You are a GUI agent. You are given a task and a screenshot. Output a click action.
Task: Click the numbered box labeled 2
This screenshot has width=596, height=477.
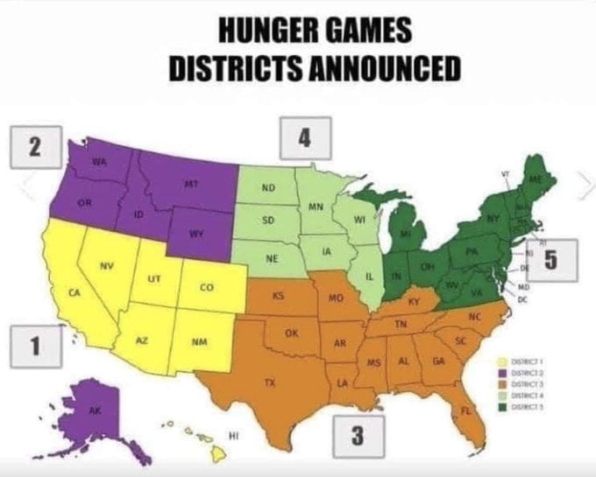pos(33,146)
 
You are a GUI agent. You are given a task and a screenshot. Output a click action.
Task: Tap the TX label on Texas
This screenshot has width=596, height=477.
pos(271,383)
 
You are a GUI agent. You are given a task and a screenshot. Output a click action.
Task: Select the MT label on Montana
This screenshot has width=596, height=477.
pos(188,185)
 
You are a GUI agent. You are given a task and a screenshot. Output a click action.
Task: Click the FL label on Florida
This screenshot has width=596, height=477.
pos(466,410)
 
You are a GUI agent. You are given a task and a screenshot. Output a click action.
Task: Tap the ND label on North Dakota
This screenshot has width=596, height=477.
pos(268,188)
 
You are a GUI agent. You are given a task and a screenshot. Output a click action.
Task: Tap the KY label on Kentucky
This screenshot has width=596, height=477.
pos(415,301)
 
